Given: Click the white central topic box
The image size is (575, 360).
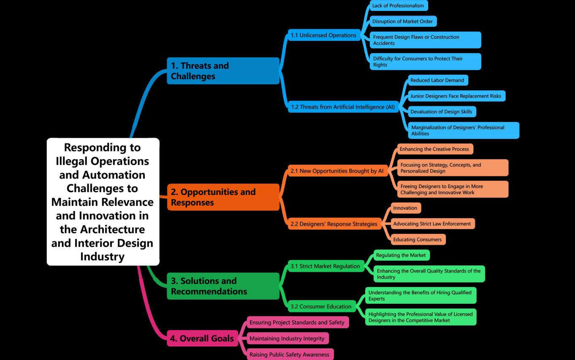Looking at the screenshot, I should (x=103, y=201).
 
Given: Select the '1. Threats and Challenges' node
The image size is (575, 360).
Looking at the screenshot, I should (x=223, y=71).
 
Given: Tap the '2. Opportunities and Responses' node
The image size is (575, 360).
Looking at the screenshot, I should (x=223, y=197).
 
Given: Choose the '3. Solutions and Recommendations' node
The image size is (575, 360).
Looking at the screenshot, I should (x=223, y=286).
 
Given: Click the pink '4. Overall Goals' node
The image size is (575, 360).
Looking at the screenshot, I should (x=202, y=338).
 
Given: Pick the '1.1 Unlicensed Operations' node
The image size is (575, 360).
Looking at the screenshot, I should (x=323, y=35).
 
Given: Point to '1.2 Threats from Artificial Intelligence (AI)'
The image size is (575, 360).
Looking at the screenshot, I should (x=342, y=107).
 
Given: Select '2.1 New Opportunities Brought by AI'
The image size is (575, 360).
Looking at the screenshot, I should (x=337, y=171).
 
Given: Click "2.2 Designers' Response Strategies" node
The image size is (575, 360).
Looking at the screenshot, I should (x=334, y=224).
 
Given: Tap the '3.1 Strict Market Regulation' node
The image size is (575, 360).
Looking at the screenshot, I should (x=325, y=266).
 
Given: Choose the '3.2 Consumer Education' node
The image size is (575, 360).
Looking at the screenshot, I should (x=321, y=306).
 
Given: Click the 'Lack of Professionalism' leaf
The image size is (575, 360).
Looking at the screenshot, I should (x=398, y=6).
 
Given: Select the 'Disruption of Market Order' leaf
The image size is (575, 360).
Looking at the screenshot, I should (x=402, y=22).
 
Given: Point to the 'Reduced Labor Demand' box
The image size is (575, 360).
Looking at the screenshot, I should (x=437, y=80).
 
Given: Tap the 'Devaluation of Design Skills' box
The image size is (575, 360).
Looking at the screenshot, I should (x=441, y=112).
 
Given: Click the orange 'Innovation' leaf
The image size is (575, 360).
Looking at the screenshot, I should (x=405, y=208).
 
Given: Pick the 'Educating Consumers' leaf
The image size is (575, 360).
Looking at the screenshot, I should (x=418, y=240).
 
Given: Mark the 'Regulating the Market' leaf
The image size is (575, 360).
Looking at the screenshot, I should (x=401, y=255).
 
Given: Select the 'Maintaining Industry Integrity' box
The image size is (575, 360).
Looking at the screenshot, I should (x=287, y=338).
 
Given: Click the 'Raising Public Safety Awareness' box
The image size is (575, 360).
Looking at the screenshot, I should (x=290, y=355).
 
